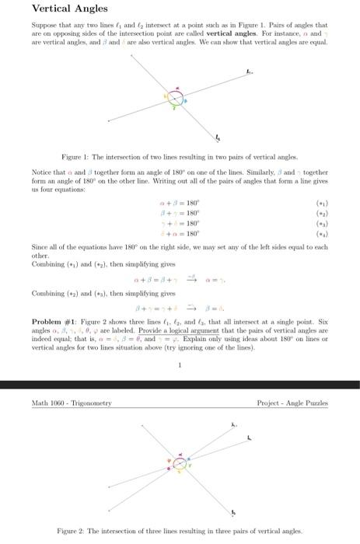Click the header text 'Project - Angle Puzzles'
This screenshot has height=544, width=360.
(292, 403)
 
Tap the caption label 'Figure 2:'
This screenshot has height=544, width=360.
(74, 531)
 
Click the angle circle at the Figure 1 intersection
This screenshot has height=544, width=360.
(177, 99)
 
